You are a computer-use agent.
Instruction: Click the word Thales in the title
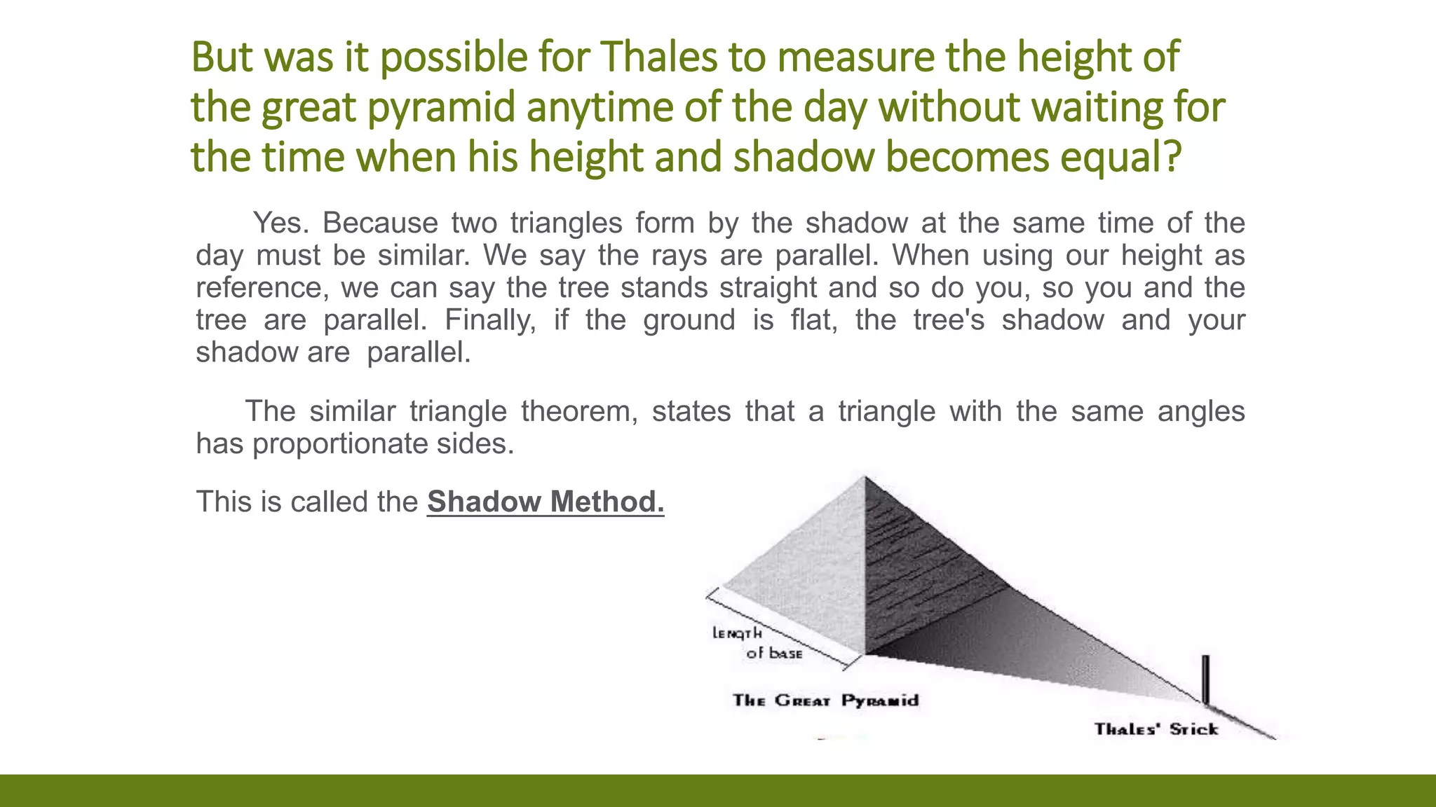[659, 57]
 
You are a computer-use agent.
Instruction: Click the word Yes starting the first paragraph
[280, 223]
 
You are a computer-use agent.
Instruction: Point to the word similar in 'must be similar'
[423, 255]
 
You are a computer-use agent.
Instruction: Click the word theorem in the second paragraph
[579, 411]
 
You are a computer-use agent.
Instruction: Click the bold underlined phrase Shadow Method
[545, 502]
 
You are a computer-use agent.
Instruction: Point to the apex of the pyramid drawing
[865, 478]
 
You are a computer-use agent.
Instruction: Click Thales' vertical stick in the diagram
[1205, 678]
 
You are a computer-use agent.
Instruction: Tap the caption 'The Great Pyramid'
[825, 701]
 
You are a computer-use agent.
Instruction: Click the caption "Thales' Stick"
[1156, 729]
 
